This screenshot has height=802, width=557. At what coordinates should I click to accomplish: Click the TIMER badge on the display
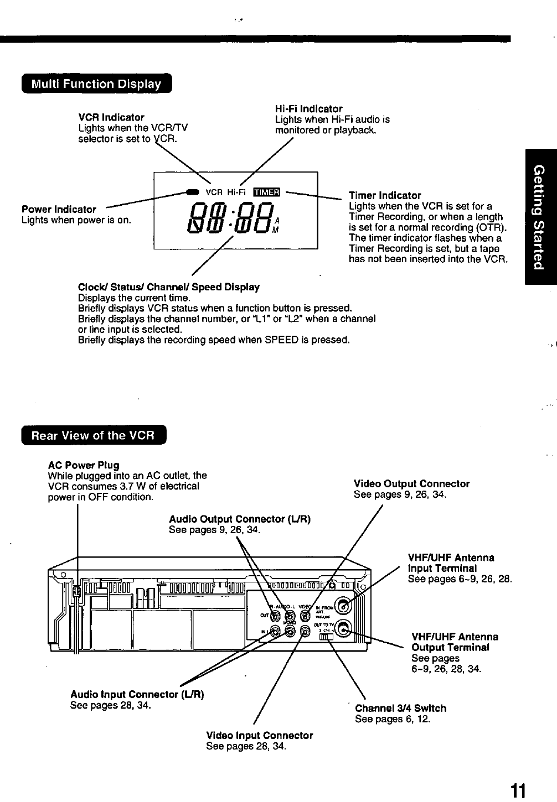click(267, 192)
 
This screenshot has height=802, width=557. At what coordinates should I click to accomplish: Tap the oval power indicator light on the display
click(192, 192)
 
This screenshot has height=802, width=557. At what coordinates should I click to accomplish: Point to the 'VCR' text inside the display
click(214, 192)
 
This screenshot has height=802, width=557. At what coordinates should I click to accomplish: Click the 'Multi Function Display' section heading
click(96, 84)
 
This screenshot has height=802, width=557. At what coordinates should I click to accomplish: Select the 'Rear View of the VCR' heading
click(93, 435)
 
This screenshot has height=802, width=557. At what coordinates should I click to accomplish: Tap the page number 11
click(518, 789)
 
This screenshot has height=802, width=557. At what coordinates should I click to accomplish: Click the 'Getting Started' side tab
click(540, 217)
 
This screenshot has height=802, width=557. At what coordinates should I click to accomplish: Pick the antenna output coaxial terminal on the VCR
click(344, 628)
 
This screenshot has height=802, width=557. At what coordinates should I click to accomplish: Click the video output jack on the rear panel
click(304, 614)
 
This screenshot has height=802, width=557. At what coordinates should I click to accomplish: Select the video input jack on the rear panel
click(304, 631)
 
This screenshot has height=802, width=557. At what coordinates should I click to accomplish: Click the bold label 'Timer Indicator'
click(385, 196)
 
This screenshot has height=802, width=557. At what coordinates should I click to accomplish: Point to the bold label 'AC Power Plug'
click(84, 465)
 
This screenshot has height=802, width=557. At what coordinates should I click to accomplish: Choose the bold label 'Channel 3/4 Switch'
click(400, 709)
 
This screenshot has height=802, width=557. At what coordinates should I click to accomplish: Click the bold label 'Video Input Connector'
click(259, 736)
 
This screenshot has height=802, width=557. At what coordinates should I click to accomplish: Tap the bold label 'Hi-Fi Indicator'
click(308, 109)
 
